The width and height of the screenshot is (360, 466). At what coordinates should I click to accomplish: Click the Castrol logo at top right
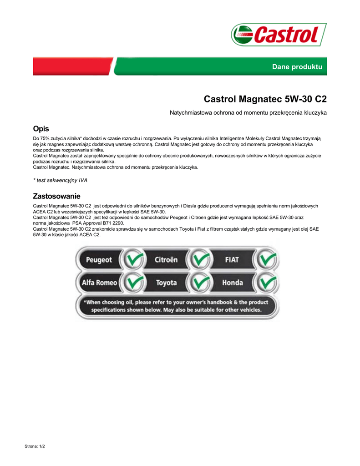tap(279, 35)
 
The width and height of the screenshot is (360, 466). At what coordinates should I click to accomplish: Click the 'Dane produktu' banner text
tap(297, 67)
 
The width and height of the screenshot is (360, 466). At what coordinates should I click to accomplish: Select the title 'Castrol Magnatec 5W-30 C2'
tap(265, 99)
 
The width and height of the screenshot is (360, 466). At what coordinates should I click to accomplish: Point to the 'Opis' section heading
tap(41, 129)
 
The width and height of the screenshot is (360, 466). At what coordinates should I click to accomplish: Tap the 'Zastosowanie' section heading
tap(56, 197)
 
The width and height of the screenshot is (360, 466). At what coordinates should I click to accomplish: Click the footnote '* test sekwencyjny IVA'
tap(61, 180)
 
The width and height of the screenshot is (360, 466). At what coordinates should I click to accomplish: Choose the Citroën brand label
tap(166, 260)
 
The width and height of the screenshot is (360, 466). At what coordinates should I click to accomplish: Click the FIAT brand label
tap(232, 260)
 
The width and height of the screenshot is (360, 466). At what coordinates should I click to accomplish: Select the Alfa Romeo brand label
tap(99, 283)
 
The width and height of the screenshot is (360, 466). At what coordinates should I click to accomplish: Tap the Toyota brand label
tap(166, 283)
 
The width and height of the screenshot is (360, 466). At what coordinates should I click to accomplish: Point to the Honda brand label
tap(232, 283)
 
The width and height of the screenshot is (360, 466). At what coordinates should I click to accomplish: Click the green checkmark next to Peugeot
tap(132, 260)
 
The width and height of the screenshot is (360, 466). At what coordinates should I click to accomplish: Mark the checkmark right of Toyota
tap(199, 283)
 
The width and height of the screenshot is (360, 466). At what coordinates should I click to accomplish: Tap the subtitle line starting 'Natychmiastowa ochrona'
tap(248, 112)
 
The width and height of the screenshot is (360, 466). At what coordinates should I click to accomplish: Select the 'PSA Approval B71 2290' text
tap(98, 223)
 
